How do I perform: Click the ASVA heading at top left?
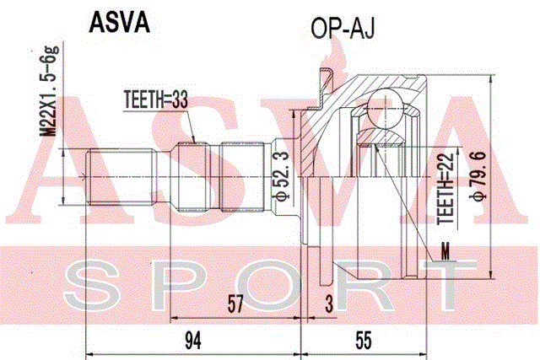pyautogui.click(x=119, y=23)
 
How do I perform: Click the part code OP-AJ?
pyautogui.click(x=343, y=28)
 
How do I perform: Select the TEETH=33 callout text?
pyautogui.click(x=156, y=99)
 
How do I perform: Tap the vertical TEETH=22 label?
pyautogui.click(x=446, y=189)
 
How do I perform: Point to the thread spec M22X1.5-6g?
pyautogui.click(x=49, y=90)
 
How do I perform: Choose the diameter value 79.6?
pyautogui.click(x=478, y=176)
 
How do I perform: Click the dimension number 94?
pyautogui.click(x=193, y=341)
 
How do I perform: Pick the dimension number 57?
pyautogui.click(x=235, y=304)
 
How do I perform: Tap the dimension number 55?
pyautogui.click(x=364, y=341)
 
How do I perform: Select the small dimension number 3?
pyautogui.click(x=330, y=304)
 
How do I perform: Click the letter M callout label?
pyautogui.click(x=445, y=251)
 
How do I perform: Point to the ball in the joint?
pyautogui.click(x=385, y=109)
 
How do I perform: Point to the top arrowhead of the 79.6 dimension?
pyautogui.click(x=490, y=79)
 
